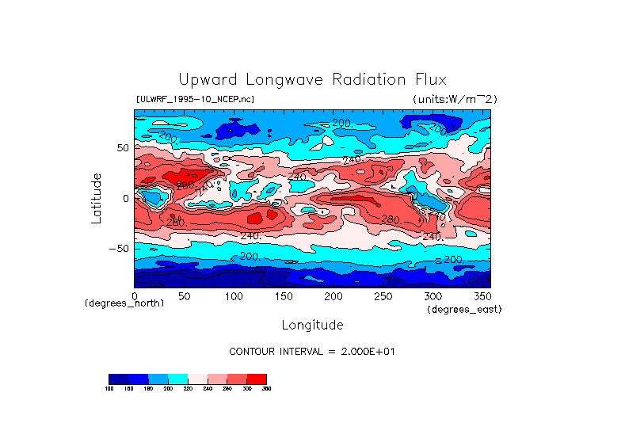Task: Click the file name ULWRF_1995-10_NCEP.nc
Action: tap(195, 99)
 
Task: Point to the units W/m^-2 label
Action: tap(455, 99)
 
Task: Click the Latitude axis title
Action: tap(97, 198)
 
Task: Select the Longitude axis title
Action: tap(312, 325)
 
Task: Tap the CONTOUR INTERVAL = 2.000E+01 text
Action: tap(311, 351)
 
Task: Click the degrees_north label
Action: tap(124, 303)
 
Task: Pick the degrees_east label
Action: tap(464, 310)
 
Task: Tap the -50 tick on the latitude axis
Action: tap(118, 248)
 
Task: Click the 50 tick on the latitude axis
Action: tap(122, 148)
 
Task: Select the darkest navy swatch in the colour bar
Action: tap(118, 378)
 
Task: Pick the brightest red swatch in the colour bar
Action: tap(257, 378)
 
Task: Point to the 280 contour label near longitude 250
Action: tap(391, 219)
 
